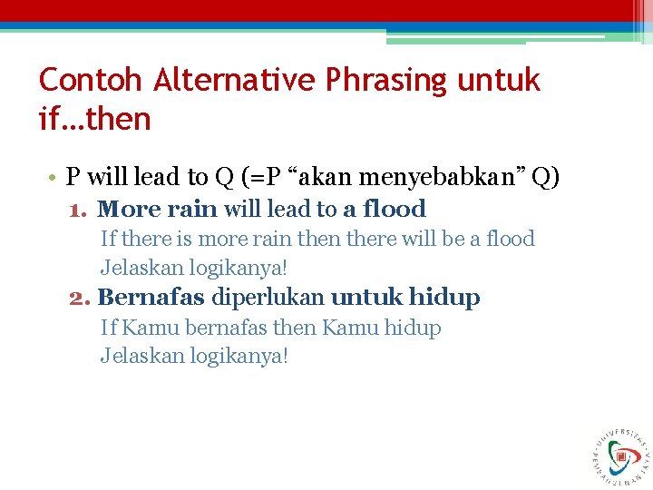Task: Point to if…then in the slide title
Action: [x=94, y=119]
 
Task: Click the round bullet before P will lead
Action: [x=54, y=176]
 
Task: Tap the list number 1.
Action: [x=79, y=210]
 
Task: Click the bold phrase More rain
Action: [x=158, y=210]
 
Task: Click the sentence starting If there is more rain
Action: [x=317, y=240]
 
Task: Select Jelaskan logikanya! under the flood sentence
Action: [x=194, y=269]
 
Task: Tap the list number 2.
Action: [x=79, y=298]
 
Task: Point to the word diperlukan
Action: [x=268, y=298]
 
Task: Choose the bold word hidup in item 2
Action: [x=444, y=298]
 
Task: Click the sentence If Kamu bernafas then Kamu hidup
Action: [x=270, y=328]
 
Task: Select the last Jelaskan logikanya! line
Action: [x=194, y=356]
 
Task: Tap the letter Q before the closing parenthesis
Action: [x=541, y=175]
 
